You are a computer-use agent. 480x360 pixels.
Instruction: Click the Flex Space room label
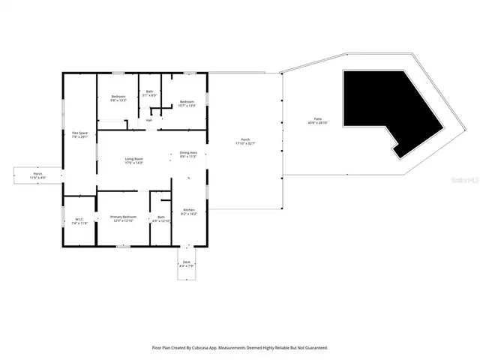[79, 132]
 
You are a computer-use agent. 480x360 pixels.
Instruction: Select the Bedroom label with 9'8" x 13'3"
[118, 97]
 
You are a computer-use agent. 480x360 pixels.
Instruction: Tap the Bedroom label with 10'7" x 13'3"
[187, 101]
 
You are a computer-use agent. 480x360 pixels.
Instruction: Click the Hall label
[149, 120]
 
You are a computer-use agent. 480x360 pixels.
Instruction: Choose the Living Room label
[133, 159]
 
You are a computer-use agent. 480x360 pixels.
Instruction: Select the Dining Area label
[187, 152]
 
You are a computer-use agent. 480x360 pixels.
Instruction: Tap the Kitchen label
[190, 209]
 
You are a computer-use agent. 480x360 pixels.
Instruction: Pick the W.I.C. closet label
[79, 220]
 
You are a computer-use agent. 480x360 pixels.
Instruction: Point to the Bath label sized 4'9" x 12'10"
[161, 217]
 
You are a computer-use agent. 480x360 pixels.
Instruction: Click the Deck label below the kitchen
[187, 262]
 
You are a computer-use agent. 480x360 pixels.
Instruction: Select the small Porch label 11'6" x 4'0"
[37, 174]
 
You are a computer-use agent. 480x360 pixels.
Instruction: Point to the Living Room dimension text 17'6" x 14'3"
[133, 163]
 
